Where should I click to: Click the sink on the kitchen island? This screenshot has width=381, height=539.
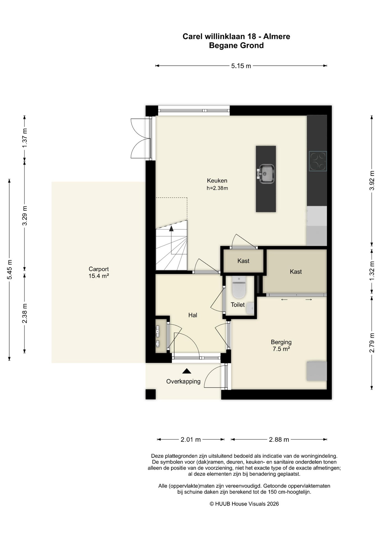pos(265,174)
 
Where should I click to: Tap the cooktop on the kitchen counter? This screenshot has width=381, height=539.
pos(318,161)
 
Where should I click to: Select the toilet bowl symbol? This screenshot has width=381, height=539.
pos(239,287)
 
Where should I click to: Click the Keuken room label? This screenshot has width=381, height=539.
pos(217,181)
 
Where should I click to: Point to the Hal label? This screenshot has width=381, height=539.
pos(193,315)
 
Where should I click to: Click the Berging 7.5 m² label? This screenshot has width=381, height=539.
pos(281,346)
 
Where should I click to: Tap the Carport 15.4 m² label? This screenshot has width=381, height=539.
pos(99,273)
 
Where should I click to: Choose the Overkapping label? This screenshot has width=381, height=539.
pos(183,382)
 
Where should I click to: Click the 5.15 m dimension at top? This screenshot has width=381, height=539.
pos(241,66)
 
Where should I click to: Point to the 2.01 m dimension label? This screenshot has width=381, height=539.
pos(191,440)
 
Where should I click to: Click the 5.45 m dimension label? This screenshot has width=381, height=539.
pos(10,269)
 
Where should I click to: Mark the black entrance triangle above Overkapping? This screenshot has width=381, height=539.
pos(187,371)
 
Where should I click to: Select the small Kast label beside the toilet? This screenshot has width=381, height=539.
pos(243,261)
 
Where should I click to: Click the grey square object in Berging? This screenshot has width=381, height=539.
pos(317,371)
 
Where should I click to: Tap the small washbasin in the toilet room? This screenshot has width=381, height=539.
pos(250,308)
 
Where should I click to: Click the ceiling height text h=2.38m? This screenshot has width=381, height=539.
pos(217,188)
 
